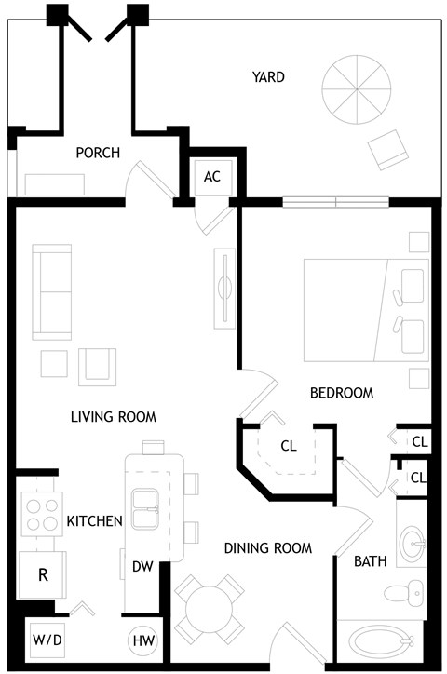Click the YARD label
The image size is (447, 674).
[x=268, y=77]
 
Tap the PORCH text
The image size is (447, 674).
[x=98, y=153]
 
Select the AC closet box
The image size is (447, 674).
[x=212, y=176]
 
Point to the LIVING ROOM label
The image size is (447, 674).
[x=114, y=416]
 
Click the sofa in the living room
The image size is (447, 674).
[x=52, y=292]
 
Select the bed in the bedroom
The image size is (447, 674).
[x=363, y=310]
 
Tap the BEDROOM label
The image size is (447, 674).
[x=341, y=394]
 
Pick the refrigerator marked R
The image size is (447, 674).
[x=42, y=574]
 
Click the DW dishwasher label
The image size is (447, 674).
[x=142, y=566]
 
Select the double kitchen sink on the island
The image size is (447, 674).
[x=148, y=509]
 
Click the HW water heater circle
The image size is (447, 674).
[x=143, y=640]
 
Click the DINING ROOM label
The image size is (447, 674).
[x=267, y=548]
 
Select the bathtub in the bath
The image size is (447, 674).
[x=381, y=643]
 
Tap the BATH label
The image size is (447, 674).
[x=370, y=561]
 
